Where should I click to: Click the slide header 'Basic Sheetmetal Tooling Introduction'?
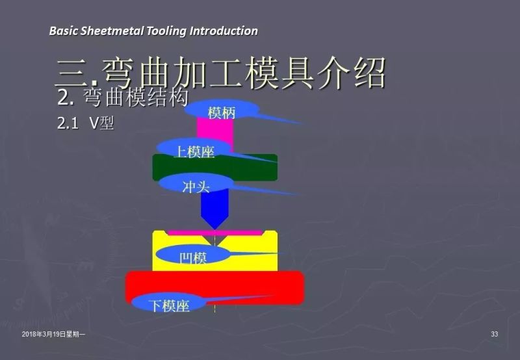153,31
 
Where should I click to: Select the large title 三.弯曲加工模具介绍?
221,72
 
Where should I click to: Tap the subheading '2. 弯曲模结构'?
123,98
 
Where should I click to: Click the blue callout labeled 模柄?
222,112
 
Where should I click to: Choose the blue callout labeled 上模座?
194,151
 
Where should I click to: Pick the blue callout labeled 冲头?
196,186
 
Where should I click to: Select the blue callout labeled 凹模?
192,257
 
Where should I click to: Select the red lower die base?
260,286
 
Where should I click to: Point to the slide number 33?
495,334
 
